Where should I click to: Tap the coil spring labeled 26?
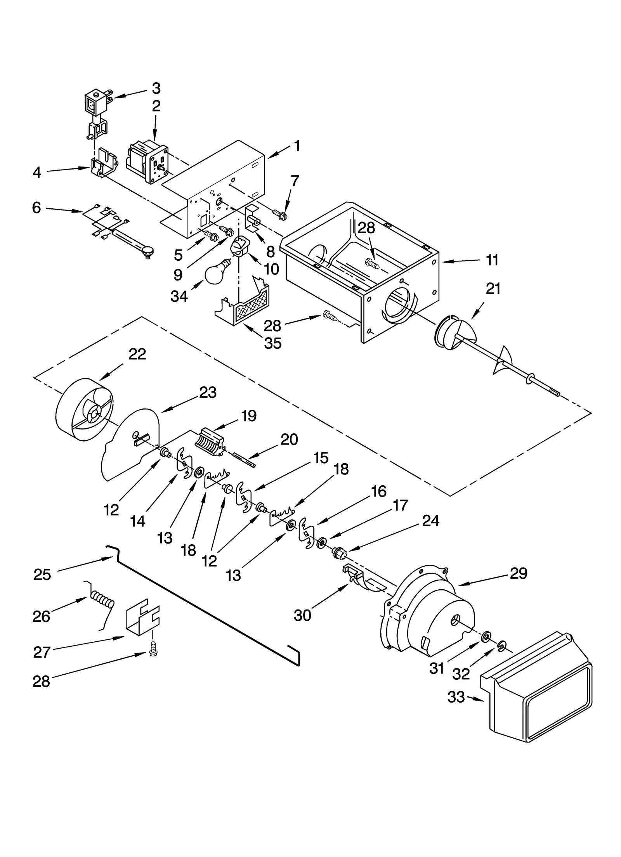102,602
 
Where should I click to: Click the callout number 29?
519,573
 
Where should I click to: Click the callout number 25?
42,575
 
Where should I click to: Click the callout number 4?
36,172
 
